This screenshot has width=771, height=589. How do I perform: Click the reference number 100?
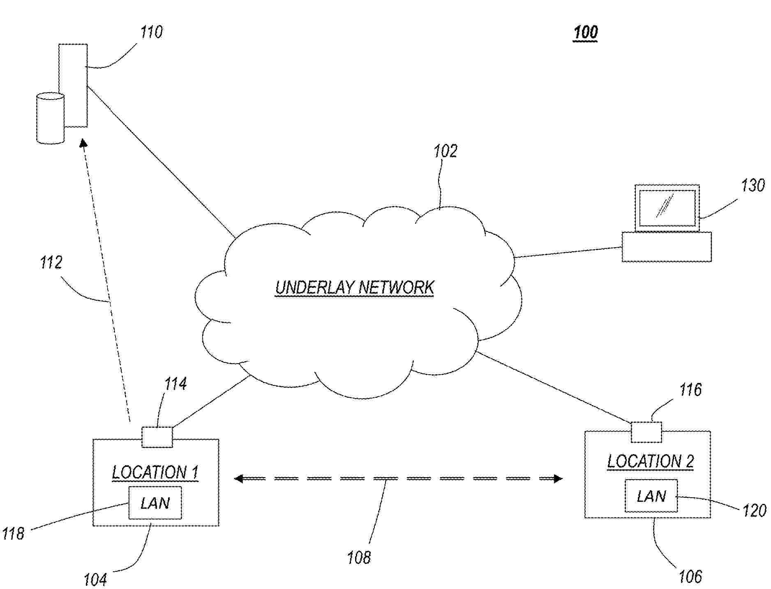[585, 32]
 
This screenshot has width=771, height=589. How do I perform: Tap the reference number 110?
[152, 32]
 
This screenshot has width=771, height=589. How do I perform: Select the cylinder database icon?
[51, 118]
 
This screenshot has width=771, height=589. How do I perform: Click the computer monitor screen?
[667, 208]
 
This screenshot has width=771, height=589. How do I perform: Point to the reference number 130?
[753, 186]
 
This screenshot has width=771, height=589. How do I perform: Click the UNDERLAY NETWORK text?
[354, 288]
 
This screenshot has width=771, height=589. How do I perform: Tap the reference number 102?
[446, 151]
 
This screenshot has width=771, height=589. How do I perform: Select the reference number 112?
[51, 262]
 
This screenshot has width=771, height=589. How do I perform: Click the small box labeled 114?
[157, 437]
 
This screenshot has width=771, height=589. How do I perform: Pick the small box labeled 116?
[646, 432]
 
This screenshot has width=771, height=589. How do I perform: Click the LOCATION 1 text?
[155, 472]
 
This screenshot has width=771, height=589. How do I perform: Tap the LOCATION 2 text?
[651, 461]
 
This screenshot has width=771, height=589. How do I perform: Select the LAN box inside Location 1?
[155, 503]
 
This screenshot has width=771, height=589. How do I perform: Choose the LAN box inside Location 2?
[651, 496]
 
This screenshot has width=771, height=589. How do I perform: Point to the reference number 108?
[359, 558]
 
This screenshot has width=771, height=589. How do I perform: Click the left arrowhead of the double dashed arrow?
[238, 478]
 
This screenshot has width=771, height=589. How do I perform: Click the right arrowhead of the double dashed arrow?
[558, 478]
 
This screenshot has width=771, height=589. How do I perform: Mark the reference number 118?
[14, 533]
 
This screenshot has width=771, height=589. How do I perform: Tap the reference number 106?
[690, 577]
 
